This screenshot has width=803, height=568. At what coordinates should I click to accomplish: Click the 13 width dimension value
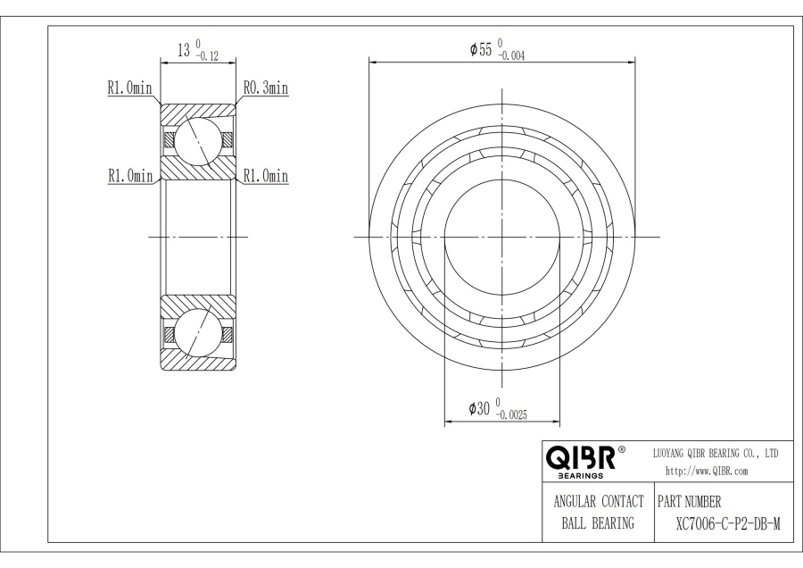point(183,50)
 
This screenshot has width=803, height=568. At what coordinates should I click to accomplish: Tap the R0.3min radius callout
point(265,88)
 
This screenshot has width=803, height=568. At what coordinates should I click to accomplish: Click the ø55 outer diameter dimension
point(481,49)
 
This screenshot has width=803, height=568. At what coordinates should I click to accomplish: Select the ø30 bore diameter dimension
point(480,408)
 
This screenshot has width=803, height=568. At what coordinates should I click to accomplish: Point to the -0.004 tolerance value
point(511,56)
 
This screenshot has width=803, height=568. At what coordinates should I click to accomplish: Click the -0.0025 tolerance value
point(511,415)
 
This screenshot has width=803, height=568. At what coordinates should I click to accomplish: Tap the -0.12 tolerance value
point(207,57)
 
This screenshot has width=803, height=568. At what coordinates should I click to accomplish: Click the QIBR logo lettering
point(580,457)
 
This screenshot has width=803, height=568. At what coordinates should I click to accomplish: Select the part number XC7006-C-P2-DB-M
point(728,524)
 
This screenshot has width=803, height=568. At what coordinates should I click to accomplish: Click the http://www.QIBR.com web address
point(707,472)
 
